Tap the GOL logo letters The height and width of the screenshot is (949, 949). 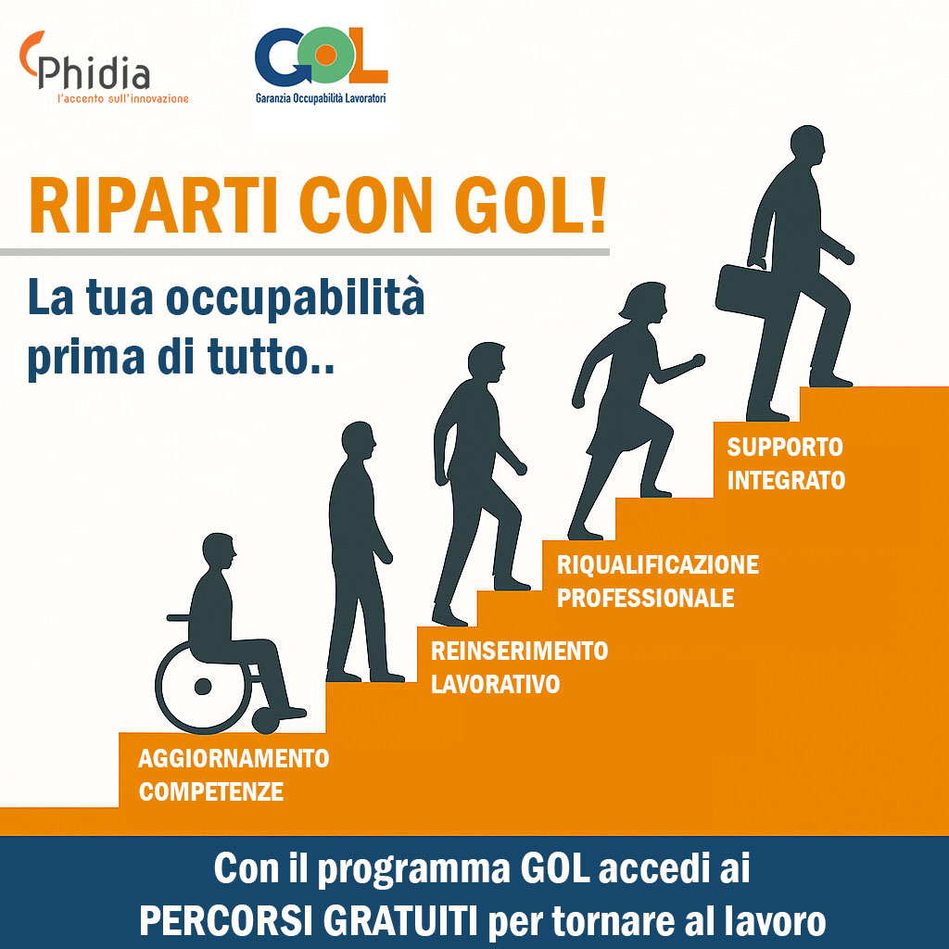pyautogui.click(x=321, y=56)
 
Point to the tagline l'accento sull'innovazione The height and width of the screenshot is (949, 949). pyautogui.click(x=123, y=98)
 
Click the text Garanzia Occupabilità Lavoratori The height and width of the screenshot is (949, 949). pyautogui.click(x=321, y=97)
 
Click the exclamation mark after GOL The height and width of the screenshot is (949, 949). pyautogui.click(x=598, y=205)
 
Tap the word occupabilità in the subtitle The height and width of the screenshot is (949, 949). pyautogui.click(x=296, y=298)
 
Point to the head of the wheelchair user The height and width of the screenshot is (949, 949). pyautogui.click(x=219, y=550)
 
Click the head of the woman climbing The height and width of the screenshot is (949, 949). pyautogui.click(x=645, y=301)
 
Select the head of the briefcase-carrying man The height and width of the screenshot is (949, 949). pyautogui.click(x=808, y=146)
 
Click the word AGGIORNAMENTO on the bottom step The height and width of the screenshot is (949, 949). pyautogui.click(x=234, y=758)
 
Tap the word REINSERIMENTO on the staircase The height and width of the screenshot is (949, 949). pyautogui.click(x=519, y=652)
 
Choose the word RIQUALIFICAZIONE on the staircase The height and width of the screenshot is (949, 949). pyautogui.click(x=658, y=564)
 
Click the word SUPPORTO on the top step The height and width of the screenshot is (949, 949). pyautogui.click(x=785, y=448)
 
